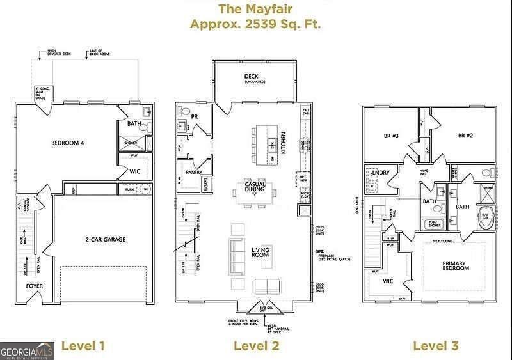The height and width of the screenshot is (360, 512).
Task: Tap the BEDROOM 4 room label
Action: click(68, 143)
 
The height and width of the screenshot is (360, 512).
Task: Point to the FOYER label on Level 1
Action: click(35, 286)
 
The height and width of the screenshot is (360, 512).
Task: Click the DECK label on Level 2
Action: click(251, 77)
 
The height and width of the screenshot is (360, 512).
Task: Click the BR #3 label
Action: click(391, 136)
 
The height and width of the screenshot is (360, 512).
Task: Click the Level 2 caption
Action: click(256, 346)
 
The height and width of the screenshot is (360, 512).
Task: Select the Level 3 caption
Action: click(435, 346)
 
